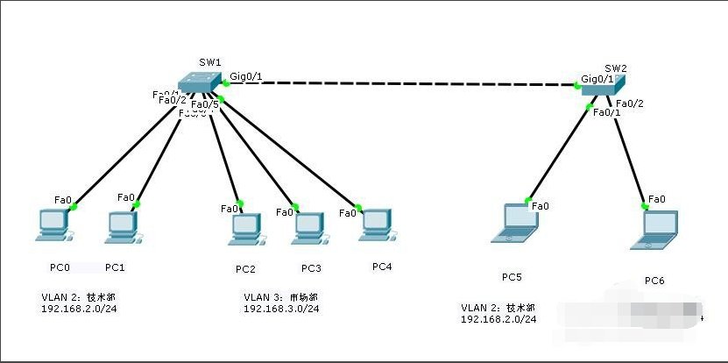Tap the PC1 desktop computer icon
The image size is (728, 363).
coord(121,226)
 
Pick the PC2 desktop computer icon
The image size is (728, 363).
coord(244,228)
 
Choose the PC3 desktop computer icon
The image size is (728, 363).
coord(307,227)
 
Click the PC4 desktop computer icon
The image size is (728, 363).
coord(376,224)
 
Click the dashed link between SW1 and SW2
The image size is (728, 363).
coord(403,84)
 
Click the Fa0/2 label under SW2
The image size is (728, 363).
coord(631,103)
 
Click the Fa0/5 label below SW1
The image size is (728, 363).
coord(204,105)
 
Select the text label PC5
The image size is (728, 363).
coord(512,277)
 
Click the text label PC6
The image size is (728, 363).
coord(654,281)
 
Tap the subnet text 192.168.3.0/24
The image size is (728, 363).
coord(280,309)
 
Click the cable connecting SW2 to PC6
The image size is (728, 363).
coord(631,153)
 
